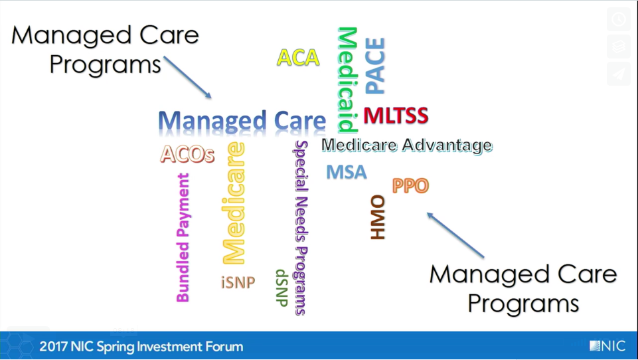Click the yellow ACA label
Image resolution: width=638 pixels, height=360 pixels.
pos(298,57)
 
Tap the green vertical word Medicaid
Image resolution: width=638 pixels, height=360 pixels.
pos(348,80)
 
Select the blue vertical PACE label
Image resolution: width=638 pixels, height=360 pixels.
pos(374,66)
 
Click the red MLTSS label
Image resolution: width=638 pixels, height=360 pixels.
pos(396,116)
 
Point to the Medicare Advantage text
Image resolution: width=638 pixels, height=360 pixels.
pos(407,145)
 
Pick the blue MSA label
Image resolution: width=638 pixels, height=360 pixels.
pos(347,172)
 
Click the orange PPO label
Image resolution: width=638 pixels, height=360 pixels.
pos(410,186)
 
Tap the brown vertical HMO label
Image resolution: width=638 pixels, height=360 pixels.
pos(378,217)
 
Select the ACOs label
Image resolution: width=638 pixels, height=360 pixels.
pos(187,154)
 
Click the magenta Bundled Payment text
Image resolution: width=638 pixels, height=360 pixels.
pos(183,238)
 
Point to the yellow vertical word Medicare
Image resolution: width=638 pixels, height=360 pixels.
pos(234,203)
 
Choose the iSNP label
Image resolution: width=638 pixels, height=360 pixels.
pos(238,282)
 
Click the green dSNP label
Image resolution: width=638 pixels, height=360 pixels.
pos(282,288)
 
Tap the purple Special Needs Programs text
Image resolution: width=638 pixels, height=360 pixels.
pos(301,228)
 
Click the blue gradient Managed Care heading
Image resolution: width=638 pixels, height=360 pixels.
pos(242,122)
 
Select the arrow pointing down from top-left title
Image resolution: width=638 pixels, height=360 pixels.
pos(188,77)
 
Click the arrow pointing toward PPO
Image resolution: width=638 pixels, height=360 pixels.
pos(455,235)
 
